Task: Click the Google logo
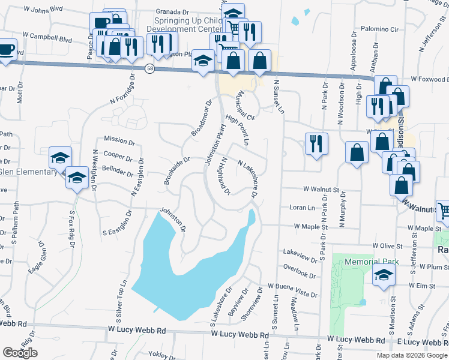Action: (20, 353)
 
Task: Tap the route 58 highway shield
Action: (149, 70)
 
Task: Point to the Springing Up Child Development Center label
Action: (184, 25)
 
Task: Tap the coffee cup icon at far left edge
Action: (5, 50)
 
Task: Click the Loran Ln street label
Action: (302, 208)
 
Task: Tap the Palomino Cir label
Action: (379, 29)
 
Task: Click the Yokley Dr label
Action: (162, 355)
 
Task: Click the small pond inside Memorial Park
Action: (363, 301)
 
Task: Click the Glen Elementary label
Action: (28, 171)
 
